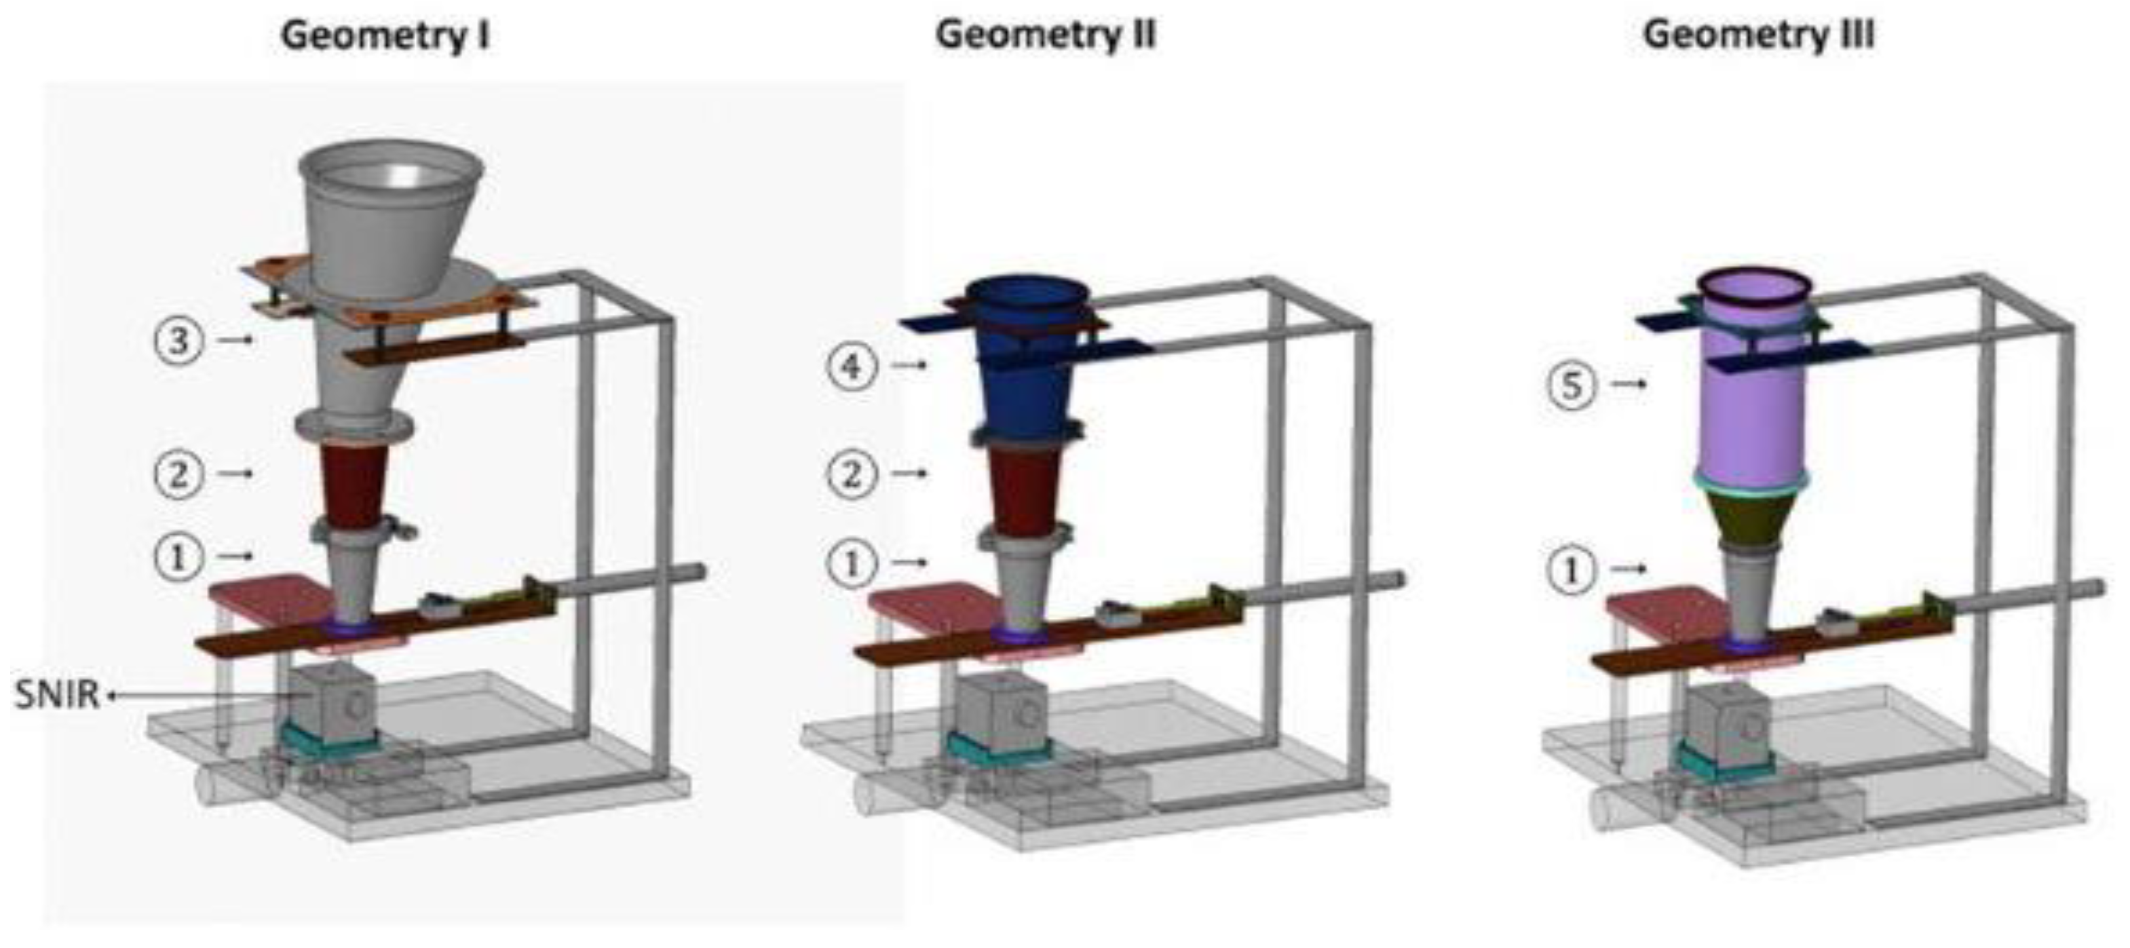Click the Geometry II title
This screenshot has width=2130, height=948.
click(1046, 35)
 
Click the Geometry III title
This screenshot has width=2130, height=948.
click(1759, 35)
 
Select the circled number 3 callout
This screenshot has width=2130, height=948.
click(178, 340)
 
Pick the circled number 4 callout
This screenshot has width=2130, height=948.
click(852, 365)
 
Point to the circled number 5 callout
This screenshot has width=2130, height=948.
click(1570, 385)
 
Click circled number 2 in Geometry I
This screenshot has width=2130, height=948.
click(178, 474)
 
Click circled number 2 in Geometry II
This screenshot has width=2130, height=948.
click(852, 474)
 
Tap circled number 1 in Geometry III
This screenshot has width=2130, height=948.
click(1570, 570)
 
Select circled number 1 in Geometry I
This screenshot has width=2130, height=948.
click(178, 556)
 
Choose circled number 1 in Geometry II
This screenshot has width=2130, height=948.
click(852, 564)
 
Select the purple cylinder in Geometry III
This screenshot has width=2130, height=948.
click(1751, 397)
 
